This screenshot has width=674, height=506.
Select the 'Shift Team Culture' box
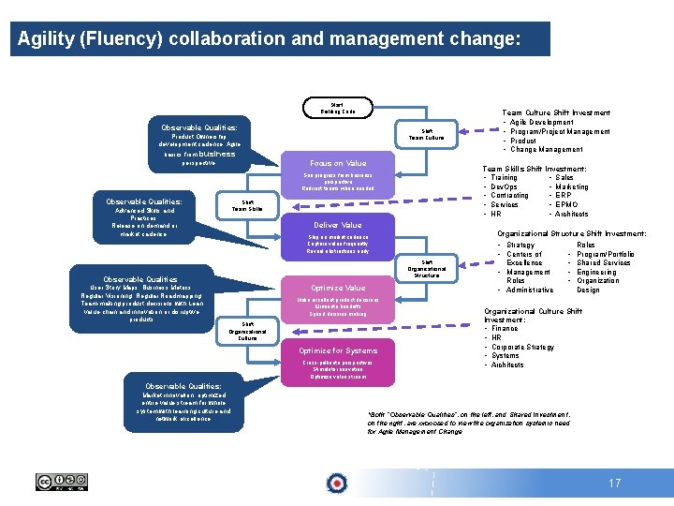pos(427,135)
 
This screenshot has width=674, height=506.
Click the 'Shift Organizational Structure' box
pos(427,269)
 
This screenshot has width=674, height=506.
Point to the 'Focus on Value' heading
pos(338,163)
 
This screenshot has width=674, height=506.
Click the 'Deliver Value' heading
pos(338,225)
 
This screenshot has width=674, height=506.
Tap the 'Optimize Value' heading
pos(338,288)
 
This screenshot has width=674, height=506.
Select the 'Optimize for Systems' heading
pos(338,350)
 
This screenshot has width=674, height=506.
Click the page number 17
pos(614,484)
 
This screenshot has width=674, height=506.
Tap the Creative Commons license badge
pos(62,482)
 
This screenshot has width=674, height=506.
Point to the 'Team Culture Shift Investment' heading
pos(556,112)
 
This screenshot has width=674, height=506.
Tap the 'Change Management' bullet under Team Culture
pos(547,149)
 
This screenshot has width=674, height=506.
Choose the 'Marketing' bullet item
pos(572,186)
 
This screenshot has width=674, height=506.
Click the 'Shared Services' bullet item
pos(604,263)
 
